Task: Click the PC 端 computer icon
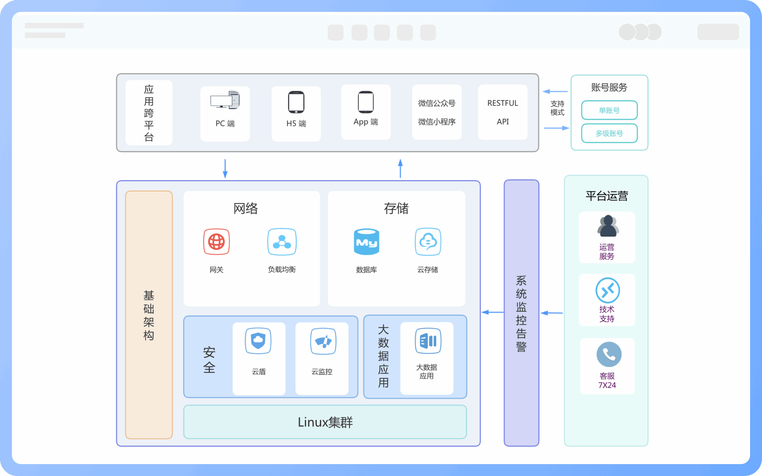pos(225,100)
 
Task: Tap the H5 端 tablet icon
pos(296,102)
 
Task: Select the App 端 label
pos(366,122)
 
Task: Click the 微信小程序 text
pos(437,122)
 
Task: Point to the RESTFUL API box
pos(502,112)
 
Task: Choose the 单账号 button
pos(609,110)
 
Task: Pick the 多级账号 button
pos(609,133)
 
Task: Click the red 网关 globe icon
pos(216,242)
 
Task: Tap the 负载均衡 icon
pos(282,242)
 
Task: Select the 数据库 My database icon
pos(366,242)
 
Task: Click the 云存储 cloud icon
pos(428,242)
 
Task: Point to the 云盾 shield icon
pos(258,341)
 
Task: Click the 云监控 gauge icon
pos(323,341)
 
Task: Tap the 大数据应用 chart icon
pos(428,341)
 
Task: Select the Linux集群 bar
pos(325,422)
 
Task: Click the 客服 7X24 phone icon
pos(609,354)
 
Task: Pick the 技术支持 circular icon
pos(608,290)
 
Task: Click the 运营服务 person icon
pos(608,226)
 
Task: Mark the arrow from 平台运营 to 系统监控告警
pos(552,313)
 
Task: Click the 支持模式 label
pos(557,108)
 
